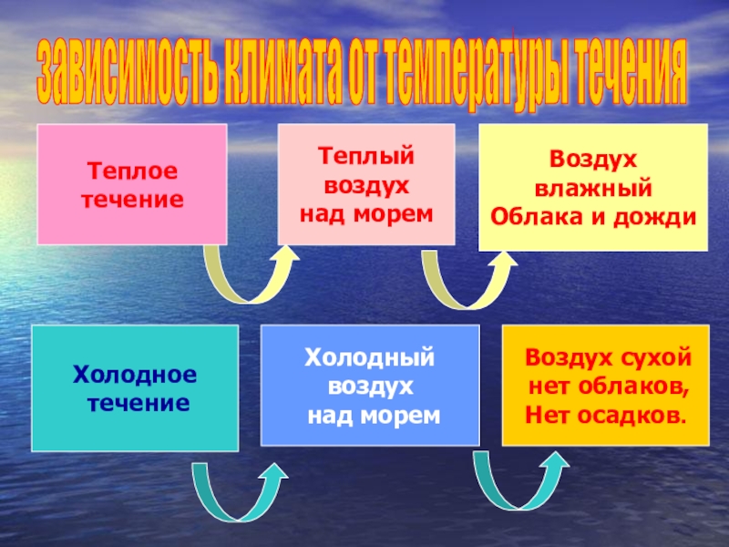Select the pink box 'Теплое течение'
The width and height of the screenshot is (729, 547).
131,184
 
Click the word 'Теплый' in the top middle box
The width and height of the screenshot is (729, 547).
365,155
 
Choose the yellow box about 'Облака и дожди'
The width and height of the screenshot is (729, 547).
593,188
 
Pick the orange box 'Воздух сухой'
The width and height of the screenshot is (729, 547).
605,386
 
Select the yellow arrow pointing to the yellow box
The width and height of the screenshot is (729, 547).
466,277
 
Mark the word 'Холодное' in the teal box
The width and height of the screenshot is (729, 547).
135,375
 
